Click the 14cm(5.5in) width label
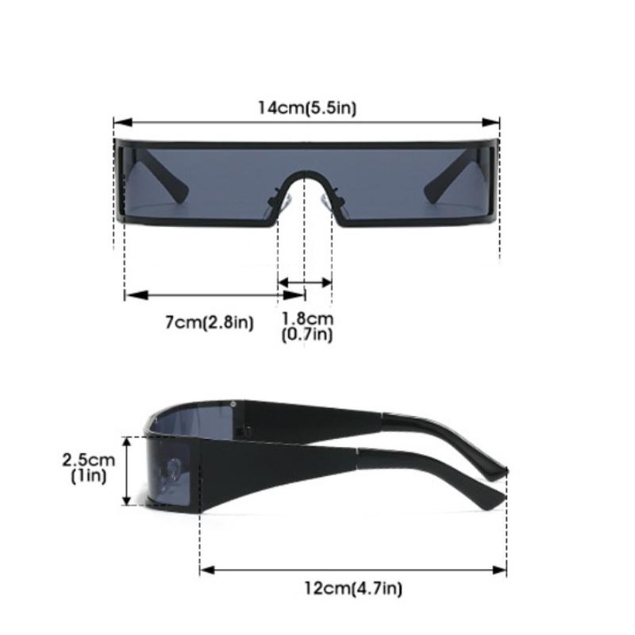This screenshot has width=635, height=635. click(x=306, y=108)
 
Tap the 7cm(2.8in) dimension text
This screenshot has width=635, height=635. click(x=209, y=322)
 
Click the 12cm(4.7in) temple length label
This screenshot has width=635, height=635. click(x=353, y=588)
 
